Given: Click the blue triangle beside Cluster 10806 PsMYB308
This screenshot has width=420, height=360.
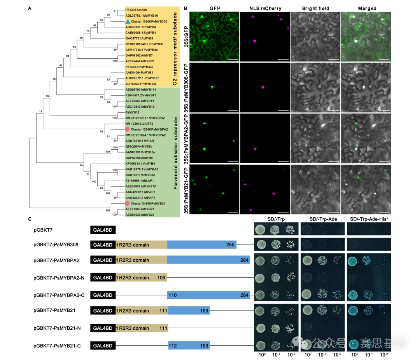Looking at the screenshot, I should click(128, 22).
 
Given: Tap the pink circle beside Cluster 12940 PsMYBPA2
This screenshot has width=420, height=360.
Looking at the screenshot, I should click(127, 129).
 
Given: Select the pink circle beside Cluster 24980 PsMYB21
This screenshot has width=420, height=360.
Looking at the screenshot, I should click(127, 203).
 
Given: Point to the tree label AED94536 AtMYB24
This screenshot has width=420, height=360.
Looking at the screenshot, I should click(140, 214).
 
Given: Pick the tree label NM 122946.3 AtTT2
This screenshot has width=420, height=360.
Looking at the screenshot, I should click(140, 124).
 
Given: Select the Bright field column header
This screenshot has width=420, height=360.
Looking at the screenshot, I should click(315, 8).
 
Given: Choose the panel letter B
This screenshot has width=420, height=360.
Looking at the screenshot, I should click(185, 8).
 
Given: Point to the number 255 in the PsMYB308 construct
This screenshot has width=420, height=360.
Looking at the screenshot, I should click(230, 245).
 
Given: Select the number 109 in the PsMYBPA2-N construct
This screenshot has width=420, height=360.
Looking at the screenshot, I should click(162, 278).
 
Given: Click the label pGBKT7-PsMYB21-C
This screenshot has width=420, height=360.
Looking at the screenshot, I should click(57, 345).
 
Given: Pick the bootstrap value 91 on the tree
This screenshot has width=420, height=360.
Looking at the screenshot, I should click(61, 65).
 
